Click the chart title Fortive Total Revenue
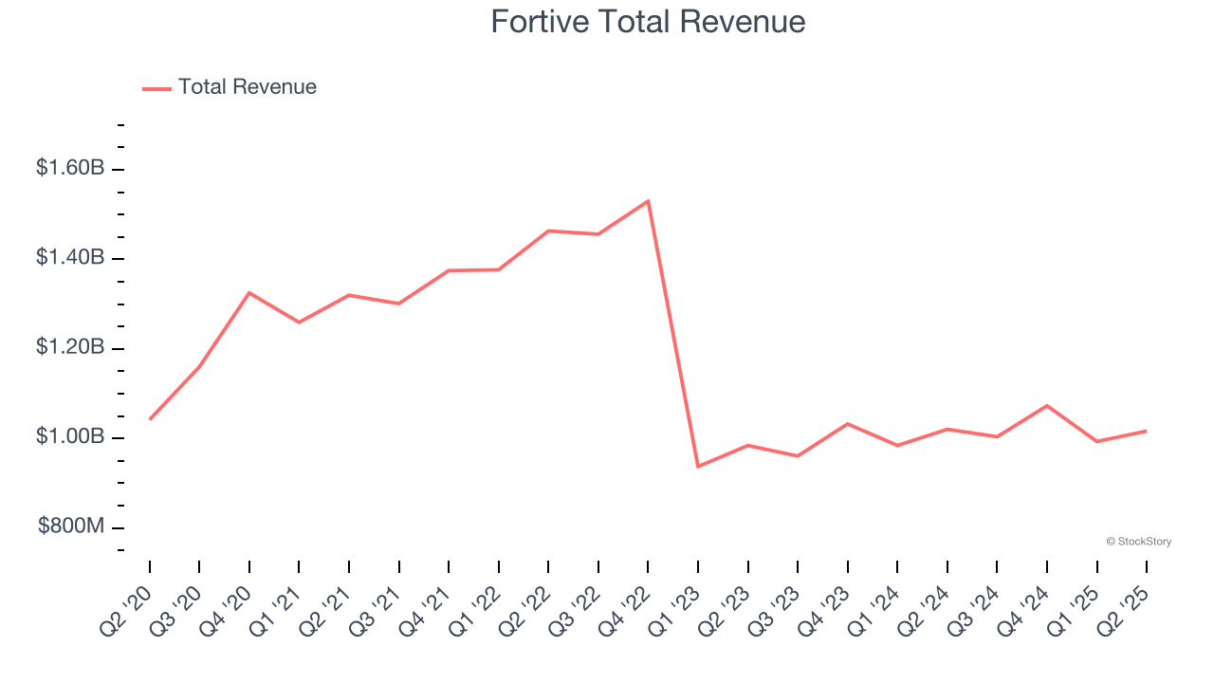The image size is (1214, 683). point(648,22)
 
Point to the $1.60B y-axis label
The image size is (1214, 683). point(70,169)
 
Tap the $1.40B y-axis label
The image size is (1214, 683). point(70,258)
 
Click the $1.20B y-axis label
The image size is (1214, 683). point(70,348)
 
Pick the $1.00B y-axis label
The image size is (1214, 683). point(70,437)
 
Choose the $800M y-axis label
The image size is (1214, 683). point(72,526)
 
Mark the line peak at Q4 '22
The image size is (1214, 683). point(648,201)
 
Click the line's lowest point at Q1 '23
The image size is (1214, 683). point(698,466)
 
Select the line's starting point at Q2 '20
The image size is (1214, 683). point(150,418)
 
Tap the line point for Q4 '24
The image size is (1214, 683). point(1047,406)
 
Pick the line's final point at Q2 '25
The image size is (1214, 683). point(1146,431)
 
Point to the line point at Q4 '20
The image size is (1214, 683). point(249,293)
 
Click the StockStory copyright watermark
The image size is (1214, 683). point(1138,542)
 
